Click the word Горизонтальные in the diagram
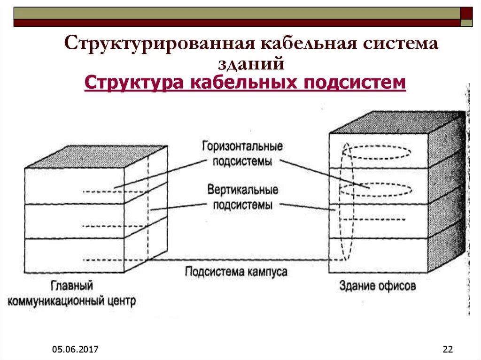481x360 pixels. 242,146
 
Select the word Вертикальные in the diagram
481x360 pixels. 242,190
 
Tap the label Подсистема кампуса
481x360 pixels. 236,272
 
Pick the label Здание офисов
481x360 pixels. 377,285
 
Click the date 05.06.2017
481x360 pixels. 75,349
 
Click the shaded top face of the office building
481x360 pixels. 395,122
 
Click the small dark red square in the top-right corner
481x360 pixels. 466,13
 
